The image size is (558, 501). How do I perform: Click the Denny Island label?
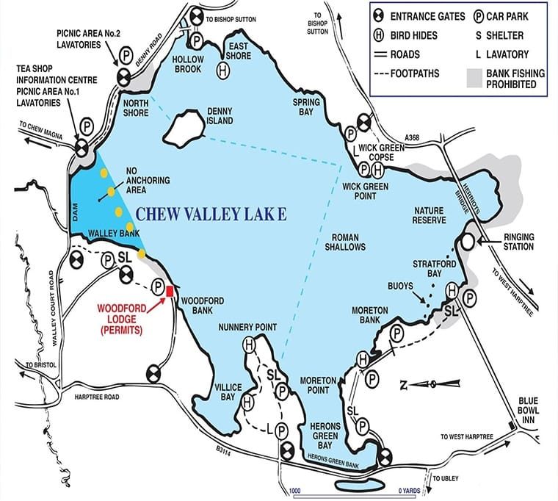pyautogui.click(x=220, y=115)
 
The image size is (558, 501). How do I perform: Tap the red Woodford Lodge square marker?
pyautogui.click(x=170, y=291)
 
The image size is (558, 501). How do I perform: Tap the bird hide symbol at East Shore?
pyautogui.click(x=223, y=70)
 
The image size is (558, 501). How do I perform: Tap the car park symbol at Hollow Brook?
pyautogui.click(x=197, y=40)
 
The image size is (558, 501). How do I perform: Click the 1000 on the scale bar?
pyautogui.click(x=295, y=489)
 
